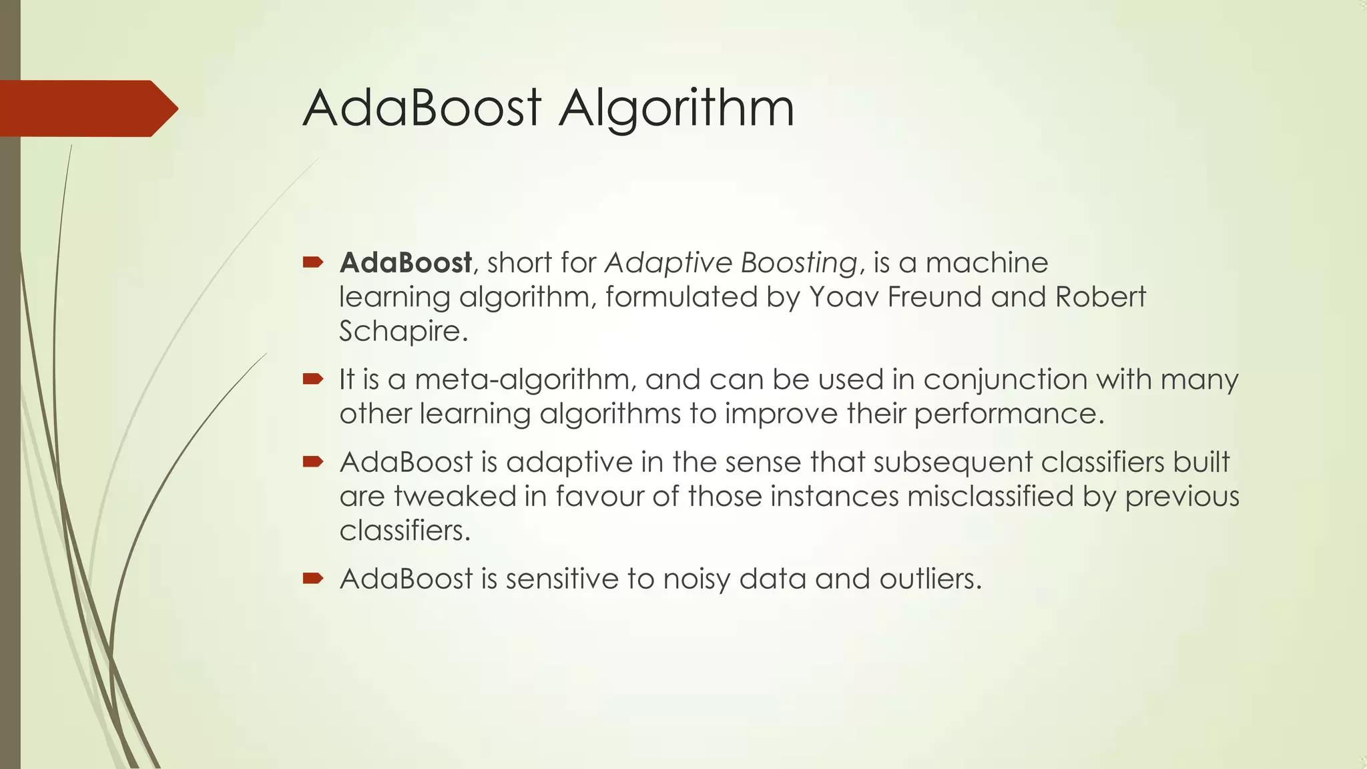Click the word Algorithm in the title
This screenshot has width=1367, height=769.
(676, 109)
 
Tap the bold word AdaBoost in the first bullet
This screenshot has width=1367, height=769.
(406, 263)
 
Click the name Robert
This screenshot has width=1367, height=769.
(1100, 297)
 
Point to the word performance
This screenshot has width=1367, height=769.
(1005, 415)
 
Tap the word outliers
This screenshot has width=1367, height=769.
(930, 579)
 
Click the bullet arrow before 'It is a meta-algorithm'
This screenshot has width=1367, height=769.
(312, 380)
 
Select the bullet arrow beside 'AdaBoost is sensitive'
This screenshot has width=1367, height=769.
(312, 578)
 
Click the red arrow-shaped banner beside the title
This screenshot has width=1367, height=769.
(87, 108)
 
